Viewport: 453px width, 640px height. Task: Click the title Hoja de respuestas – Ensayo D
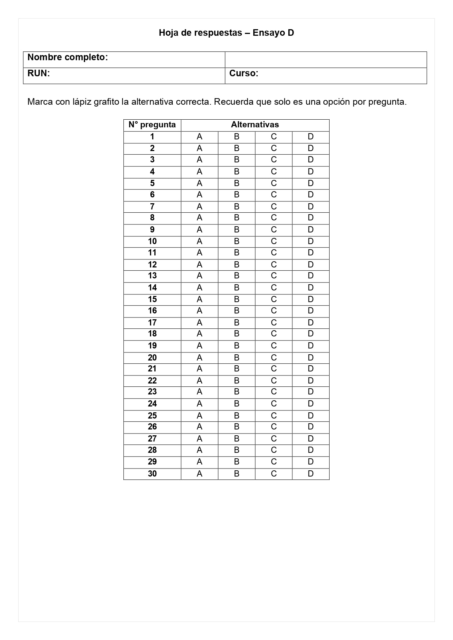point(226,33)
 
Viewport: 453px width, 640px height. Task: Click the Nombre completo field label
point(68,57)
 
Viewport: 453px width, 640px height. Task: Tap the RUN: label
point(38,73)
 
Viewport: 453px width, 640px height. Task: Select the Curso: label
point(243,73)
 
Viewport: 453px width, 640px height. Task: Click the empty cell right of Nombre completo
point(326,59)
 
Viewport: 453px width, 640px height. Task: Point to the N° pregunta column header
point(152,125)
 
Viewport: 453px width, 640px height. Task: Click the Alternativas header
point(255,125)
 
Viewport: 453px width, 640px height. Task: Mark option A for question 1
point(199,137)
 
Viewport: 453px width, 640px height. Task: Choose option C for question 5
point(274,183)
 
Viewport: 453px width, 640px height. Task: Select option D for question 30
point(311,474)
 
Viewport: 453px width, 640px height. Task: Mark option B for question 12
point(237,265)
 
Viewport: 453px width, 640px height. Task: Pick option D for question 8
point(311,218)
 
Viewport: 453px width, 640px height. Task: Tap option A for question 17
point(199,323)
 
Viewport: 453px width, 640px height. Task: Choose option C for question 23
point(274,392)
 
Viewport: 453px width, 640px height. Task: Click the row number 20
point(152,358)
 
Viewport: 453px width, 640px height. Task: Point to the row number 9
point(152,230)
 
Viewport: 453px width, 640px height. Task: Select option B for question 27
point(237,439)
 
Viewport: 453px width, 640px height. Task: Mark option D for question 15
point(311,299)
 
